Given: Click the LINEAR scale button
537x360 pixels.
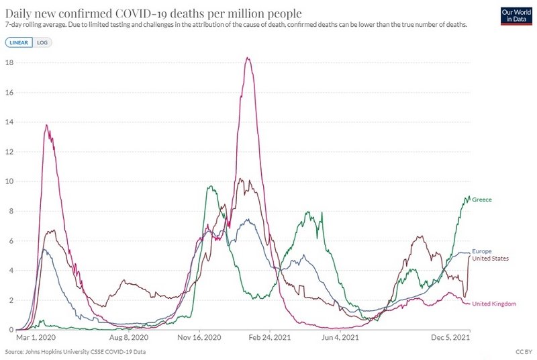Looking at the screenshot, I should (19, 42).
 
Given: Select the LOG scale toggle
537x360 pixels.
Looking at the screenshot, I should (42, 42).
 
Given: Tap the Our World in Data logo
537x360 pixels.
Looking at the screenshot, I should (516, 15).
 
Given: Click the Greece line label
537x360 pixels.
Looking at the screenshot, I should (482, 200).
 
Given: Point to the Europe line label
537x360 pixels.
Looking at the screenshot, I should (482, 251).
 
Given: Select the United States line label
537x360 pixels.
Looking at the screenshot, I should (491, 259).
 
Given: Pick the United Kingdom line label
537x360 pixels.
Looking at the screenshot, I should (495, 304).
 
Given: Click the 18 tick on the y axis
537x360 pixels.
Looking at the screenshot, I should (9, 62).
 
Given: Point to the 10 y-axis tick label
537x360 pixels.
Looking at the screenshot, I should (9, 181).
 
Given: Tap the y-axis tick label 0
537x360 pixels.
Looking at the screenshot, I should (10, 330).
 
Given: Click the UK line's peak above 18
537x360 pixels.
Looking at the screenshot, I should (248, 58).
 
